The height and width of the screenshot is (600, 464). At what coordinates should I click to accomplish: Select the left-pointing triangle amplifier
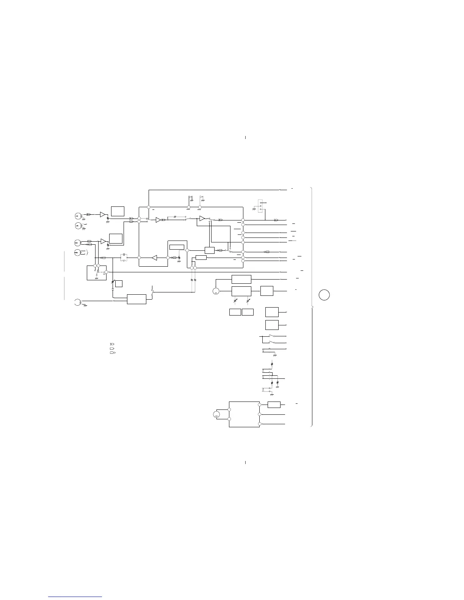[x=154, y=258]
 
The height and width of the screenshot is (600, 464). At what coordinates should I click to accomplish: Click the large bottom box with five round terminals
[x=244, y=414]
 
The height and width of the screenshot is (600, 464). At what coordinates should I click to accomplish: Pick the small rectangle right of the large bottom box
[x=274, y=405]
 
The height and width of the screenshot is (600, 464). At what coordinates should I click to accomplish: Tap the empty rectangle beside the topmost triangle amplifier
[x=118, y=211]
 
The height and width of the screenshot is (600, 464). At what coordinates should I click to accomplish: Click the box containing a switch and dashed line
[x=97, y=273]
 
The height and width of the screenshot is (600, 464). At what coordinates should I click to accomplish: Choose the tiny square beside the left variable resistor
[x=119, y=283]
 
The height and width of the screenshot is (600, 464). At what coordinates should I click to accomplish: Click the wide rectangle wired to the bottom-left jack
[x=136, y=298]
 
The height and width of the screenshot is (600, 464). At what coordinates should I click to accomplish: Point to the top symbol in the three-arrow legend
[x=112, y=343]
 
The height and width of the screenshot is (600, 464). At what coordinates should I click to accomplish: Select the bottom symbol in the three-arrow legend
[x=112, y=352]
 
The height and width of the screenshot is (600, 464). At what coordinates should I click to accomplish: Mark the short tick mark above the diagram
[x=245, y=137]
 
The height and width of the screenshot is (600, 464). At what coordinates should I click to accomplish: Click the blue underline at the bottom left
[x=75, y=597]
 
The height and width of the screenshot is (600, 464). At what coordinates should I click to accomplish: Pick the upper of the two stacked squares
[x=272, y=312]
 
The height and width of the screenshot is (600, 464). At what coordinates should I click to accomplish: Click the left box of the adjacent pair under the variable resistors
[x=235, y=312]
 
